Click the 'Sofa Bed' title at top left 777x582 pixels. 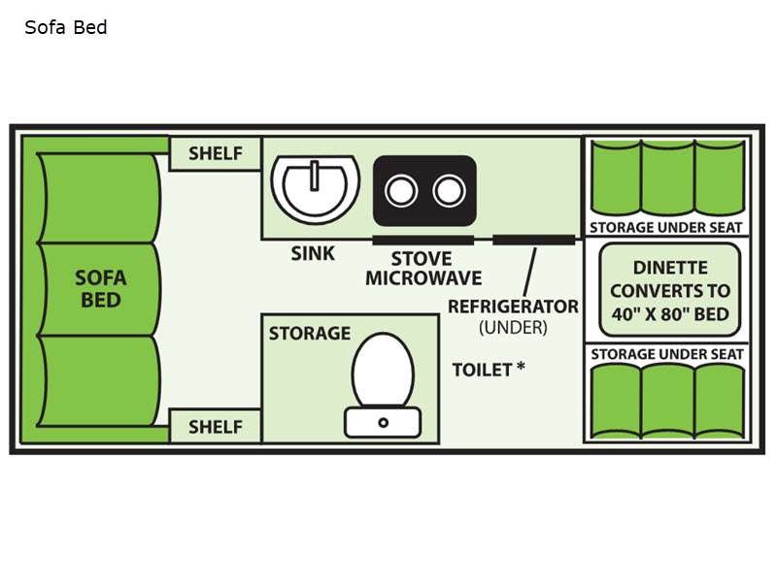point(65,27)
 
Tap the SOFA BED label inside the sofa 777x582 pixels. point(101,288)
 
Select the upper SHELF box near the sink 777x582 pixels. point(215,153)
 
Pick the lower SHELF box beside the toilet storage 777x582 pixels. point(215,426)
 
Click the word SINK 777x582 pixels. point(313,254)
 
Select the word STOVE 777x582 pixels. point(422,259)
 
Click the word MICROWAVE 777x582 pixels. point(423,278)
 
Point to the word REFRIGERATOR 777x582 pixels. point(513,307)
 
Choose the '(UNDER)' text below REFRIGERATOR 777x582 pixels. point(513,328)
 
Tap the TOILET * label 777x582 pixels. point(489,370)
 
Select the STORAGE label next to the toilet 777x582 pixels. point(309,334)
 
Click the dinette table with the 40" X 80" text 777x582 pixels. point(669,290)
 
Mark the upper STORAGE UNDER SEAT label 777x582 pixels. point(666,227)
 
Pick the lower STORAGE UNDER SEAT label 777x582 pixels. point(666,354)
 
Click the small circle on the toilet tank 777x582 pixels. point(383,422)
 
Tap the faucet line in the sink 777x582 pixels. point(316,177)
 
